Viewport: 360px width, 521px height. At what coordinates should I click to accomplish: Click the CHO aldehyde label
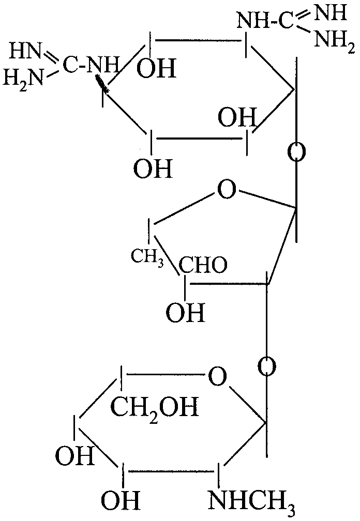203,265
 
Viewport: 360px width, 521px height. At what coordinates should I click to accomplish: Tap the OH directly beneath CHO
185,313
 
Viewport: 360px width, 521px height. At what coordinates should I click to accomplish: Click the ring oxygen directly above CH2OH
217,376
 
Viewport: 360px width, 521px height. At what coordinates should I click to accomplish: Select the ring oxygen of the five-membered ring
227,189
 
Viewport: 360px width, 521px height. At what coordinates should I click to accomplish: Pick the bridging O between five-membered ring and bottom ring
267,367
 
